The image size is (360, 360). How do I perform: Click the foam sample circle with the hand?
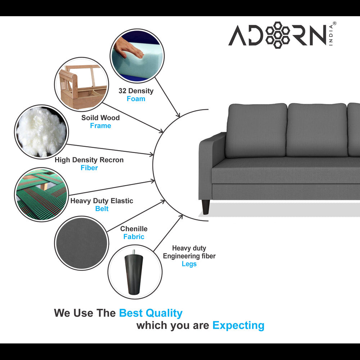[x=138, y=56]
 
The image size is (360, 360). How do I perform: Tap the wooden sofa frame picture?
[x=81, y=84]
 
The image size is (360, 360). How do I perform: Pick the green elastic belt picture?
[x=42, y=194]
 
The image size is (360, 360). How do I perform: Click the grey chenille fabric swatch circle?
[x=82, y=243]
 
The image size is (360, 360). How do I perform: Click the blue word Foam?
[x=136, y=99]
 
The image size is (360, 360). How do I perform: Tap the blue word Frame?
[x=100, y=126]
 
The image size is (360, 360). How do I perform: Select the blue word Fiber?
[x=89, y=168]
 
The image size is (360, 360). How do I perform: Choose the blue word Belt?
[x=102, y=209]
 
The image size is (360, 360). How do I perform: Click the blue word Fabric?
[x=134, y=237]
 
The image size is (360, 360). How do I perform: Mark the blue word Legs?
[x=189, y=264]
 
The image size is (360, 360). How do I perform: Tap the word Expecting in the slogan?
[x=238, y=325]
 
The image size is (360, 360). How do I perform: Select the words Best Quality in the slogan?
[x=150, y=313]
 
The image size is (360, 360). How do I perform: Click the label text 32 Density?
[x=136, y=91]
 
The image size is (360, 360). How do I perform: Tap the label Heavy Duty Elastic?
[x=102, y=201]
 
